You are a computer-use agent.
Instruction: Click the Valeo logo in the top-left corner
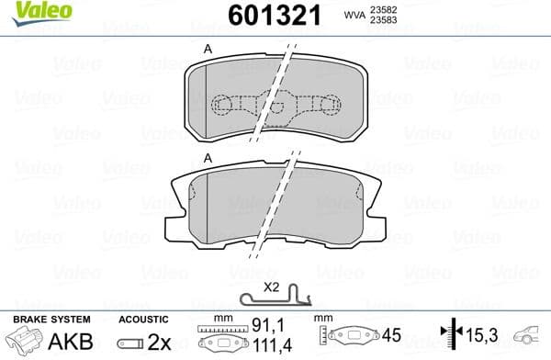click(28, 12)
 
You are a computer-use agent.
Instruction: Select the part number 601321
click(260, 15)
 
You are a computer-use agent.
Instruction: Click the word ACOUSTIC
click(144, 319)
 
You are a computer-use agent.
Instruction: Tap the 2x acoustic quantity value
click(159, 340)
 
